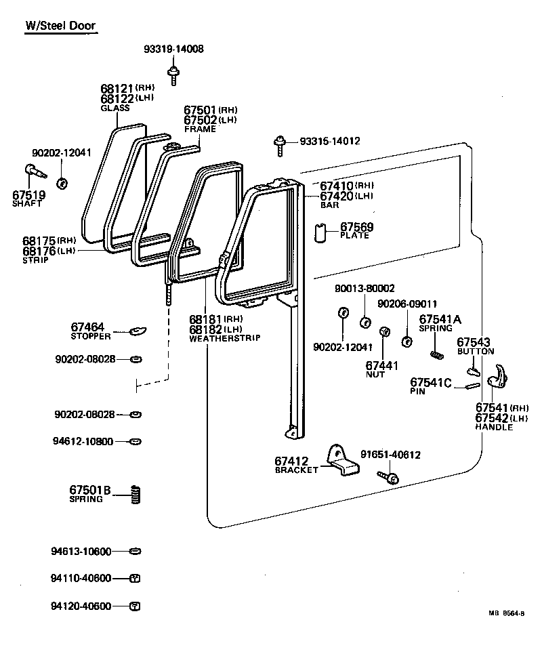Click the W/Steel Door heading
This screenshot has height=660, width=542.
pos(60,26)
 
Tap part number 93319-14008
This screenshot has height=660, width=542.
pos(173,49)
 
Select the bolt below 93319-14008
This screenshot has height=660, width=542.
pos(173,74)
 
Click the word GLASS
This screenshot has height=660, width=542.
pos(114,108)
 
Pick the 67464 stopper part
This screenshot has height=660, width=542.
pos(138,331)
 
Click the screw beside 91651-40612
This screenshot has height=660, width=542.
pos(391,477)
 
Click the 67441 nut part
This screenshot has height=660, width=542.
pos(383,332)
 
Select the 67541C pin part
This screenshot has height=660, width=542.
pos(472,386)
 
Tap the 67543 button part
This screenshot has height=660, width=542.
pos(473,370)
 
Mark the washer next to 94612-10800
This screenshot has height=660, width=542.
pos(135,441)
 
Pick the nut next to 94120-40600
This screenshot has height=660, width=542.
pos(135,606)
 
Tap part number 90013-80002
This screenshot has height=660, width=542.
pos(364,288)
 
